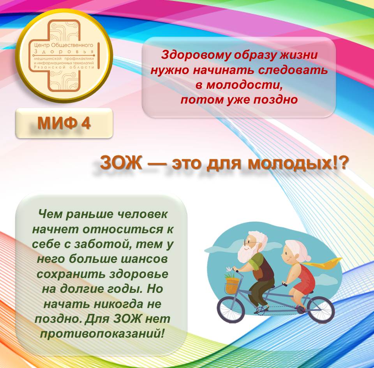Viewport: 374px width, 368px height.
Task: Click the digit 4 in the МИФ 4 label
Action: pos(86,123)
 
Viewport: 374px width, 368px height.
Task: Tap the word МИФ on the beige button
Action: pos(57,123)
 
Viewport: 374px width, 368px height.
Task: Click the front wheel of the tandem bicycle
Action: pos(231,309)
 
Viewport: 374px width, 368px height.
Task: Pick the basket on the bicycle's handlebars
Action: pos(231,285)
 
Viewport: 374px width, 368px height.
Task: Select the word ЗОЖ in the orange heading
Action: pos(121,162)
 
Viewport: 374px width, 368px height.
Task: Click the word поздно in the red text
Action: pos(275,100)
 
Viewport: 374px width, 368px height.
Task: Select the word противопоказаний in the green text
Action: pos(102,333)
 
